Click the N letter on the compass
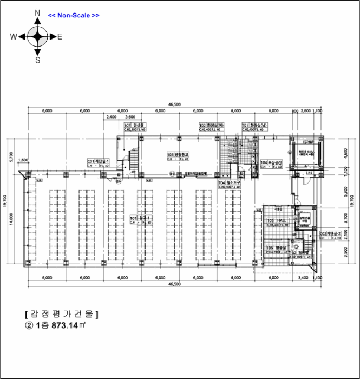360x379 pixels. tap(37, 12)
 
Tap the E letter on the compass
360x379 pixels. tap(60, 37)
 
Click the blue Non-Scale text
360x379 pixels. tap(74, 15)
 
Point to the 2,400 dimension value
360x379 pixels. tap(112, 116)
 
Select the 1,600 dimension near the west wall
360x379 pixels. tap(23, 160)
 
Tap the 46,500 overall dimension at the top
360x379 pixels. tap(174, 104)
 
